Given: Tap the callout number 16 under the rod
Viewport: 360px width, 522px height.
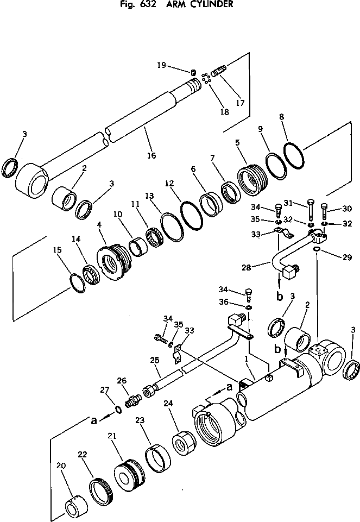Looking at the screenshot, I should point(151,155).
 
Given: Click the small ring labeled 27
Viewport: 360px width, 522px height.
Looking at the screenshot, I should point(118,409).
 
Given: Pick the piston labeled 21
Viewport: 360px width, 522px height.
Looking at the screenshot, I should point(130,468).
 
